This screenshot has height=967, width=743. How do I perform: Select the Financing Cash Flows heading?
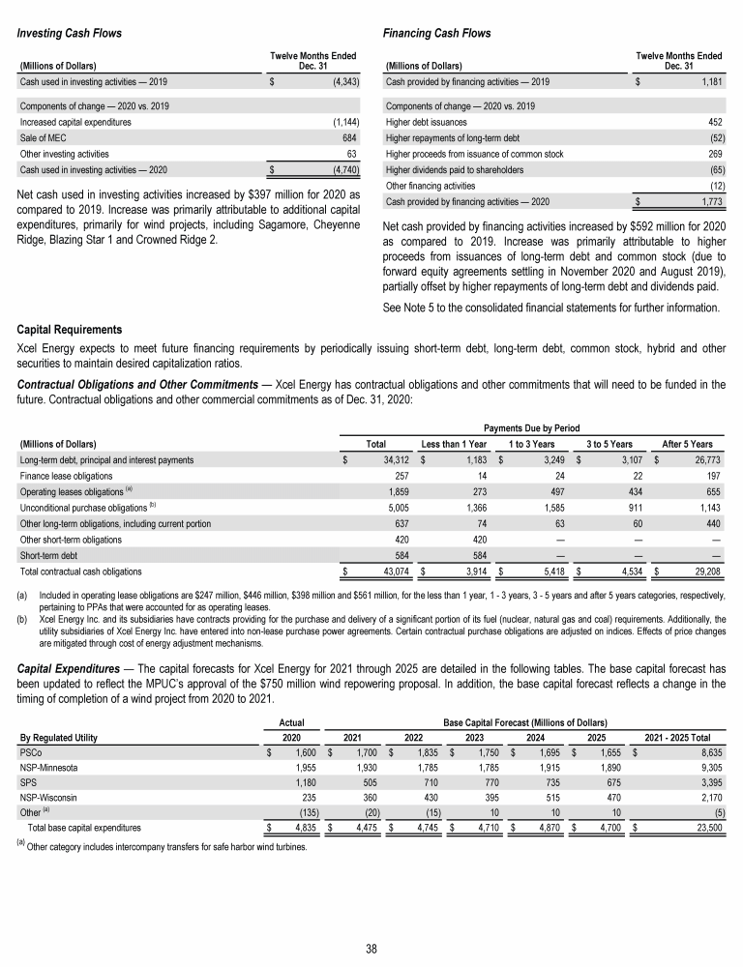437,34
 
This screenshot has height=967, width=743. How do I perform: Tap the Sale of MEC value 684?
351,138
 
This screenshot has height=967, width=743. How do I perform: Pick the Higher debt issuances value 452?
717,122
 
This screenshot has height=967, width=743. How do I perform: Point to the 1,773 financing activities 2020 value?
711,201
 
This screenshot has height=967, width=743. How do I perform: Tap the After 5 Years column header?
688,443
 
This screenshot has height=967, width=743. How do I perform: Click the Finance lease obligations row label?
66,476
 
